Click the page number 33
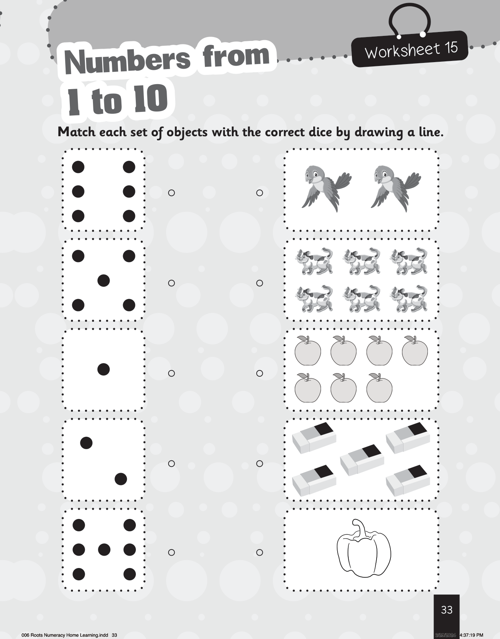pyautogui.click(x=446, y=610)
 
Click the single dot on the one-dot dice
pyautogui.click(x=103, y=369)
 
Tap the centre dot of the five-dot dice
pyautogui.click(x=103, y=281)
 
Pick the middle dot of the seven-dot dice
pyautogui.click(x=104, y=549)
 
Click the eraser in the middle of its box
pyautogui.click(x=362, y=460)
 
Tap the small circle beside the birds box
pyautogui.click(x=260, y=193)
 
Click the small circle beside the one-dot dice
pyautogui.click(x=171, y=373)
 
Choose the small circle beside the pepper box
pyautogui.click(x=260, y=553)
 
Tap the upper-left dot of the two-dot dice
pyautogui.click(x=86, y=443)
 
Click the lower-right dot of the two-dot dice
pyautogui.click(x=120, y=479)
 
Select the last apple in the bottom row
pyautogui.click(x=379, y=387)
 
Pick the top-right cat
pyautogui.click(x=409, y=261)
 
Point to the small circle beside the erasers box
pyautogui.click(x=260, y=463)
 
